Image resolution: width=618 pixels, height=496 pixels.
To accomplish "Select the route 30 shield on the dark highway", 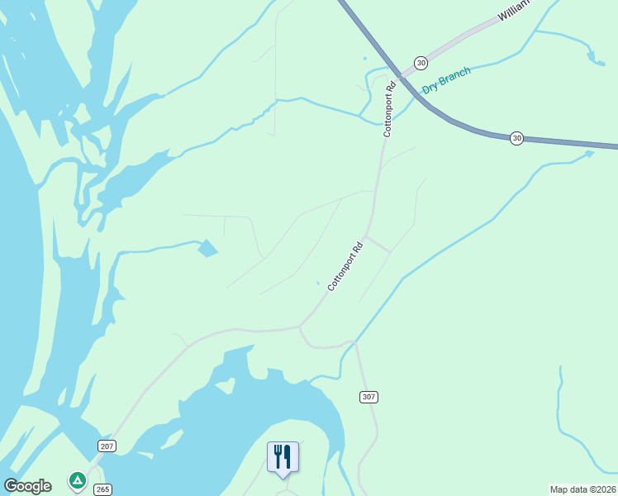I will (x=516, y=138).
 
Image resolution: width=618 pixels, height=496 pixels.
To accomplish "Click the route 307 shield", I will (x=368, y=398).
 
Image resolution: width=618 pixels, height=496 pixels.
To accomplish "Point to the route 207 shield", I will (x=107, y=446).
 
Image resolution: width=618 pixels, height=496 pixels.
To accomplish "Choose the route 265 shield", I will (x=102, y=489).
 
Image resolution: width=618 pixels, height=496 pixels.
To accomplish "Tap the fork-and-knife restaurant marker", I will (x=283, y=457).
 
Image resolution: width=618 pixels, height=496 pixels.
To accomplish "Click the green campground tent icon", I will (x=77, y=480).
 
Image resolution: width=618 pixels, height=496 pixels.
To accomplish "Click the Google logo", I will (x=28, y=486).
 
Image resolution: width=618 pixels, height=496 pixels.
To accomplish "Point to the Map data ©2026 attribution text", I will (x=582, y=489).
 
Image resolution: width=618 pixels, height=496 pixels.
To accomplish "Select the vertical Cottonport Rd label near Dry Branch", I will (x=388, y=108).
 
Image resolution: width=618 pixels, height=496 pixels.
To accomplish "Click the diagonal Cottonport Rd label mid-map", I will (x=345, y=266).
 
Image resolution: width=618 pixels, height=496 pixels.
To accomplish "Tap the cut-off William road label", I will (x=517, y=11).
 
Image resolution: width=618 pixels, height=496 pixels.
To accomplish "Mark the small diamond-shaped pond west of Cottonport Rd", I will (x=207, y=247).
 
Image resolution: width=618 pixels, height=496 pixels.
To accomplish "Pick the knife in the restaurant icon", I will (x=288, y=455).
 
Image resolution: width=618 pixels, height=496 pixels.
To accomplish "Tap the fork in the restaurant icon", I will (x=278, y=455).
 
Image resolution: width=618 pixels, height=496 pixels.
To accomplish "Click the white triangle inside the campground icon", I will (x=77, y=479).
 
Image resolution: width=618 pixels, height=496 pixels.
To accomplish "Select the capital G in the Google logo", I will (x=11, y=486).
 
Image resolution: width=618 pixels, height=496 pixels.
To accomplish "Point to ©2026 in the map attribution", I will (x=601, y=489).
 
